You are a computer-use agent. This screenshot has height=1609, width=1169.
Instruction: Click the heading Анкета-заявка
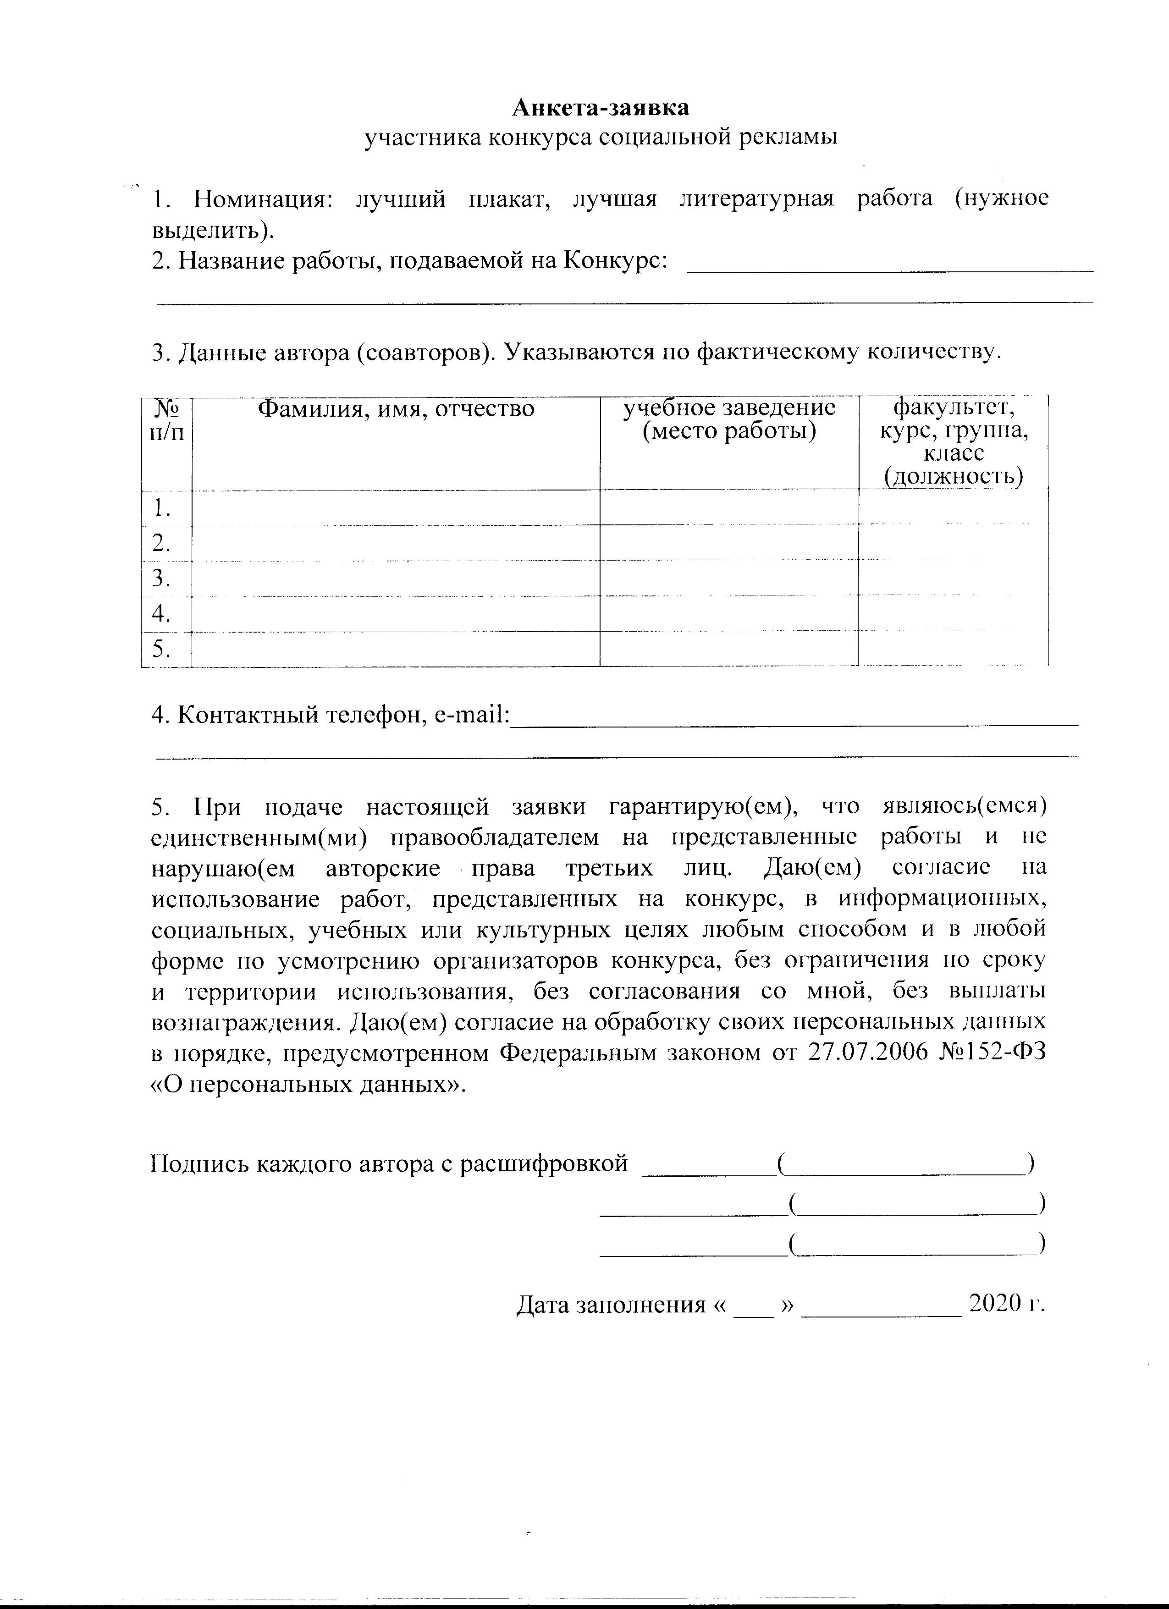600,108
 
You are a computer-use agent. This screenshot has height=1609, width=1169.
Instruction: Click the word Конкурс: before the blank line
615,261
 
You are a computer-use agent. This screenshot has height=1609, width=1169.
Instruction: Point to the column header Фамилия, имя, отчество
395,409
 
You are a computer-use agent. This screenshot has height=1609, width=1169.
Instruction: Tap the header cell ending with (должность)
954,442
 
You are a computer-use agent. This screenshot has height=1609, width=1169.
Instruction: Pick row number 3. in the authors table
162,579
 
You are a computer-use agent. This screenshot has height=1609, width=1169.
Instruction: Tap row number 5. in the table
162,649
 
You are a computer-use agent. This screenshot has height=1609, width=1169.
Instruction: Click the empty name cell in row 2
395,543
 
